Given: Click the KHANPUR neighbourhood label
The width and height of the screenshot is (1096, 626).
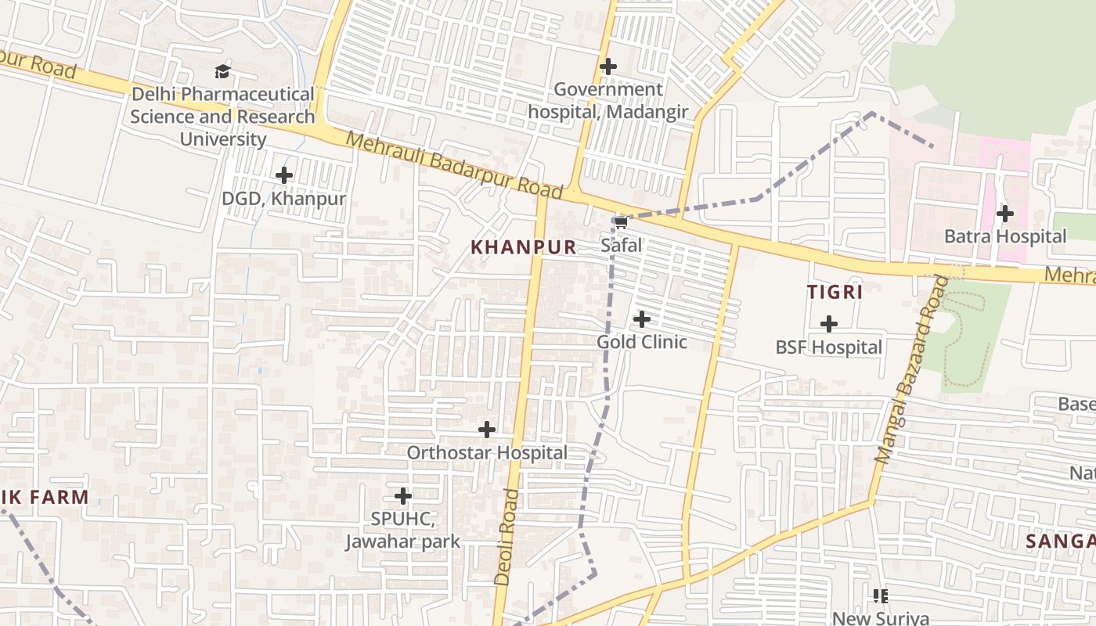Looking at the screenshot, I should coord(523,247).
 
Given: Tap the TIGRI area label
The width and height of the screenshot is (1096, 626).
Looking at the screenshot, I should coord(835,293).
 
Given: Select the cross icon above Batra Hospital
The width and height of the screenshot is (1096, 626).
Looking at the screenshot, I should coord(1004,213).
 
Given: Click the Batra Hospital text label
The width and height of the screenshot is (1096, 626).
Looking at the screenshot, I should coord(1004,236).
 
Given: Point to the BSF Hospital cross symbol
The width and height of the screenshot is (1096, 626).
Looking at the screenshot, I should coord(828,324).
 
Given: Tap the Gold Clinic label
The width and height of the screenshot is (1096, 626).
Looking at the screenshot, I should coord(642,342).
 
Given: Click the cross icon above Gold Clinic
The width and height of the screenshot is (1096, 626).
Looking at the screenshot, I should coord(642,319).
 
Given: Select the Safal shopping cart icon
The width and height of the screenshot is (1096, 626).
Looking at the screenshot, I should coord(621,223).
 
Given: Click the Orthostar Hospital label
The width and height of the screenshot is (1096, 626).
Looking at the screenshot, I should coord(487,452).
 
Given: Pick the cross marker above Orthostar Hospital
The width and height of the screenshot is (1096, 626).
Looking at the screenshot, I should coord(487,430).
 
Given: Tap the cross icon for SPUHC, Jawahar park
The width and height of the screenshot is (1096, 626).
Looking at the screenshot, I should coord(403,496).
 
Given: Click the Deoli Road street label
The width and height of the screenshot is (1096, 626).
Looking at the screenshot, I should coord(507,537).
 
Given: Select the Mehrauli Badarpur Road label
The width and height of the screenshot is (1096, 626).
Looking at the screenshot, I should coord(454,165).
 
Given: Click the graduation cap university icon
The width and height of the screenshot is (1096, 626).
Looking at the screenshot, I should coord(223,72).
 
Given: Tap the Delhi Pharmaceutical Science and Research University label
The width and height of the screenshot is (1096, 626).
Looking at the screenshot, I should coord(222,117).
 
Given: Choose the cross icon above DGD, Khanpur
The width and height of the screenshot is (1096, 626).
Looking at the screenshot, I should coord(284,175).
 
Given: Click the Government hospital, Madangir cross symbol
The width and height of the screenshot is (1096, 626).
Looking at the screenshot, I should coord(607,67).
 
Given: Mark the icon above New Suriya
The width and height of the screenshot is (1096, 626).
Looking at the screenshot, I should coord(881,596).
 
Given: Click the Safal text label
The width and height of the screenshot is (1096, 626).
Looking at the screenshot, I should coord(621,246).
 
